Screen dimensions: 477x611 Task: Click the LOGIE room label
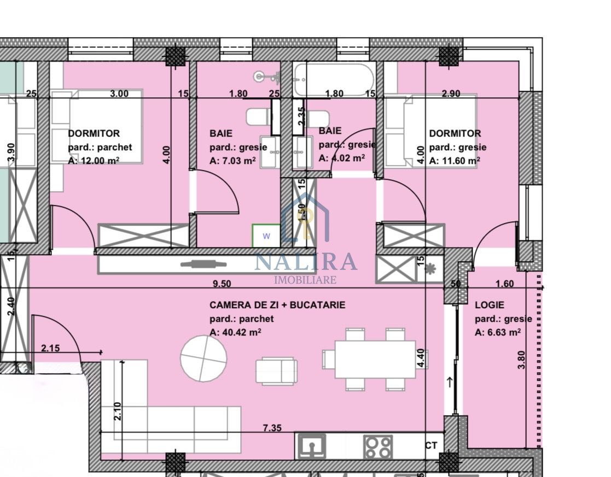(489, 305)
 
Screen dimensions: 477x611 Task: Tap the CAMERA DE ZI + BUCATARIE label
(277, 305)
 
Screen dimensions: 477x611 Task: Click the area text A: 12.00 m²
(94, 161)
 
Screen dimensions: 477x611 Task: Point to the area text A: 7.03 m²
(232, 161)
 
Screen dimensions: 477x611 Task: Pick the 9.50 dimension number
(222, 283)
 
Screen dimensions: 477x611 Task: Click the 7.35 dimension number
(272, 428)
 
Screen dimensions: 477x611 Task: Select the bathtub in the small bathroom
(334, 79)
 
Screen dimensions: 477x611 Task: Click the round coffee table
(203, 358)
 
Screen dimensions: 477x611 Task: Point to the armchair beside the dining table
(276, 371)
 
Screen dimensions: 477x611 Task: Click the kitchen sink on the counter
(311, 446)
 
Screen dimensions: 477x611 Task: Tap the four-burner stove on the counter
(378, 446)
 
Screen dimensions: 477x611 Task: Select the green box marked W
(266, 236)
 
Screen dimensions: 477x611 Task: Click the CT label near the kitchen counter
(431, 446)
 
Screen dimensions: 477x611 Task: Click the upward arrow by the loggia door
(450, 382)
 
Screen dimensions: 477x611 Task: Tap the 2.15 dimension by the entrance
(51, 348)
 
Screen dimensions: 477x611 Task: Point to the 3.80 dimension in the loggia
(522, 360)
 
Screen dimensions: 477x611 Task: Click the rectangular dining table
(375, 359)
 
